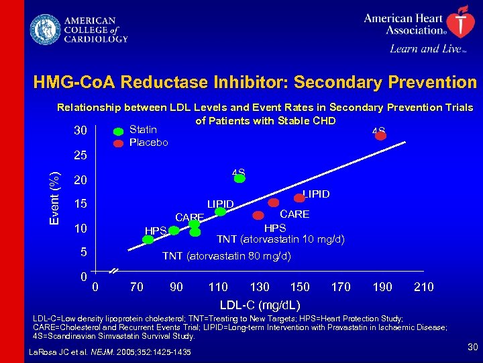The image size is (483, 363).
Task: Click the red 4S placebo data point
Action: (x=381, y=136)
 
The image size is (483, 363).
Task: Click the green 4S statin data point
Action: (x=239, y=179)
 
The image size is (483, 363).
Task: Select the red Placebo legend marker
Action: (x=118, y=143)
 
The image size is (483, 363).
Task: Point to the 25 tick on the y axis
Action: (x=80, y=156)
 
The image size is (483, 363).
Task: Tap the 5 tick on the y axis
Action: (x=83, y=253)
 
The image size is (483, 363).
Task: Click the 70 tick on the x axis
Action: (x=136, y=287)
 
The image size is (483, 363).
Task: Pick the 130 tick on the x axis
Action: (x=260, y=287)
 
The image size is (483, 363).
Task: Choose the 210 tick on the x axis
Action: (x=423, y=287)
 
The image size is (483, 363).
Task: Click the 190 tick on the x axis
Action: (x=382, y=287)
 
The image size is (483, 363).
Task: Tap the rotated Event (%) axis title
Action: (x=58, y=198)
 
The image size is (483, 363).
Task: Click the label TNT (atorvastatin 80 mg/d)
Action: (x=227, y=256)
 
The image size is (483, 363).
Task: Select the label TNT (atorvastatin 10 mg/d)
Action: (x=280, y=240)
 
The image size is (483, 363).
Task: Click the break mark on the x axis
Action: (x=114, y=271)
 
